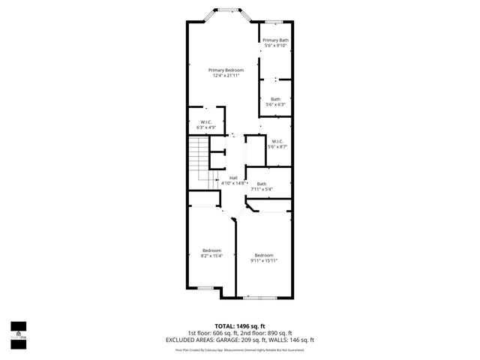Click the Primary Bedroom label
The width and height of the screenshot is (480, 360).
pos(226,70)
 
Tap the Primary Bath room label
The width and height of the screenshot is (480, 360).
pos(275,40)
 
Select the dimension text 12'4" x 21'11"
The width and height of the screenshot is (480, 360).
pos(226,75)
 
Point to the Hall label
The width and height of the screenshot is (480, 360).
pos(233,178)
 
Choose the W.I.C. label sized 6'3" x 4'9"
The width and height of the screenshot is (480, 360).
pos(205,122)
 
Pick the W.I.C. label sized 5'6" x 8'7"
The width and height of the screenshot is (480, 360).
pos(277,141)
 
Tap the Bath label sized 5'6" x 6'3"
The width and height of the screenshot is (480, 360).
pos(275,99)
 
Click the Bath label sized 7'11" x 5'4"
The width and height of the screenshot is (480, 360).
pos(261,184)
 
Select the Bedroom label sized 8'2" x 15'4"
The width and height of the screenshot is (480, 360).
pos(211,250)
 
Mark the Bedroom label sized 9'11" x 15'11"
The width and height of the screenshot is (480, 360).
pos(263,255)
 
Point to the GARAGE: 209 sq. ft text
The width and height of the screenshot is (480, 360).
pos(257,339)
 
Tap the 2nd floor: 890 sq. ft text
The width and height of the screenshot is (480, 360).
pos(268,333)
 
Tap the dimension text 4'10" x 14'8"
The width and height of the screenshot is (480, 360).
pos(234,183)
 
